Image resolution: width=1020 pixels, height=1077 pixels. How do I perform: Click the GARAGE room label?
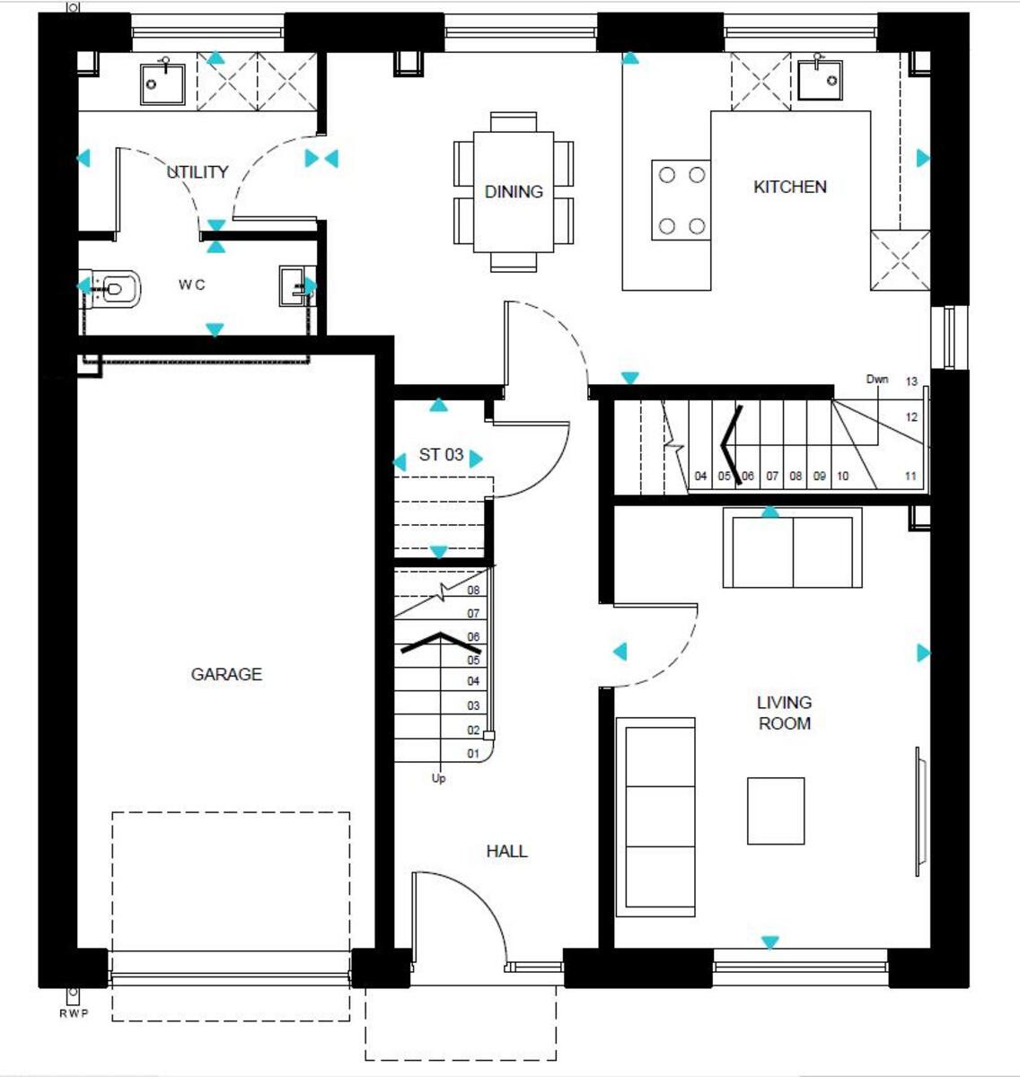226,674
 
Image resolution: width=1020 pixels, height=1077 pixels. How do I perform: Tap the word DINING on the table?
514,191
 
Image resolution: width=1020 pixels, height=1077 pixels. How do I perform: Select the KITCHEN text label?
789,187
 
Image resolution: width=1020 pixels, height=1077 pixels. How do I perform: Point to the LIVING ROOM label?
784,713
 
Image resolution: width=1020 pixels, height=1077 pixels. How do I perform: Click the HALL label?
506,851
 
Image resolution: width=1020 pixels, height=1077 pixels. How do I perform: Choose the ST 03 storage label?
441,455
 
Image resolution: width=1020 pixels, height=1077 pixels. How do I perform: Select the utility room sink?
163,82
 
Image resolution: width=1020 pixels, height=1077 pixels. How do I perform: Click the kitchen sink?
820,81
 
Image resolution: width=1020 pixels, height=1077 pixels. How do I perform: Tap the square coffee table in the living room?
776,810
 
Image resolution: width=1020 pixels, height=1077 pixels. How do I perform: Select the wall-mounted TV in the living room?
919,810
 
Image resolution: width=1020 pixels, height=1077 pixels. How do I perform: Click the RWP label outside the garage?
71,1014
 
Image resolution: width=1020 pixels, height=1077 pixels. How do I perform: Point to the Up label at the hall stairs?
438,778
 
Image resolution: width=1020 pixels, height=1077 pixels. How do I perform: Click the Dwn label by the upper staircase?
877,379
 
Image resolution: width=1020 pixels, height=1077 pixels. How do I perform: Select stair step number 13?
911,381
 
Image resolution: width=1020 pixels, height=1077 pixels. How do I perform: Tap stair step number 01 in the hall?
473,754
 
